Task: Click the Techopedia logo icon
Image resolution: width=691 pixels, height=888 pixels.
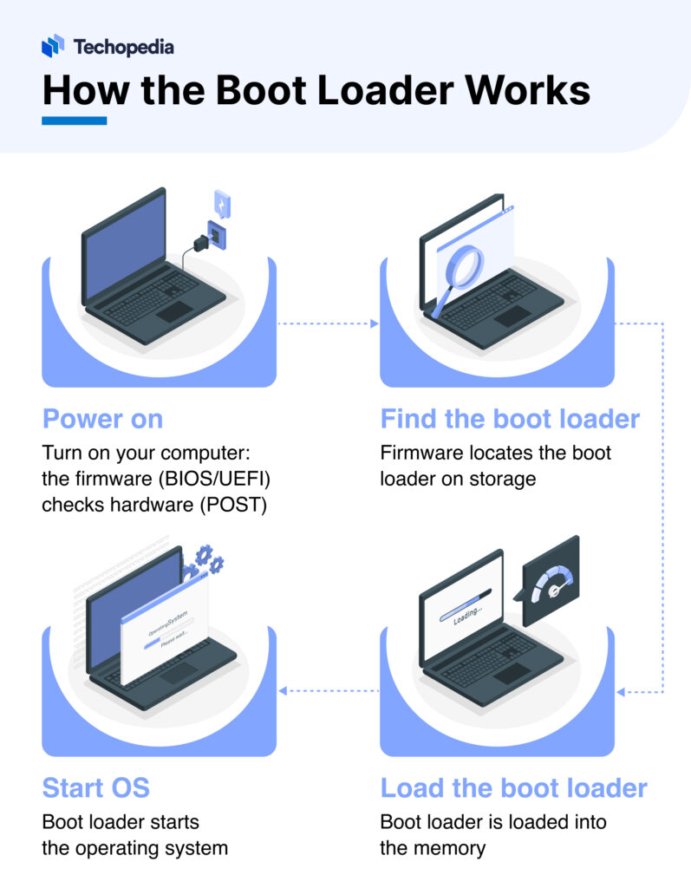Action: (x=53, y=45)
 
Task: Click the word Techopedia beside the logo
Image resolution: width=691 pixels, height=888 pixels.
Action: (x=122, y=46)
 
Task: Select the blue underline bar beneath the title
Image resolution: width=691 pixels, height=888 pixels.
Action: (x=74, y=121)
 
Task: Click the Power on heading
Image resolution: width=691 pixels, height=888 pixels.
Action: (x=102, y=420)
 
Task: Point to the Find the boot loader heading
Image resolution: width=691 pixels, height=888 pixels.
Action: (x=510, y=420)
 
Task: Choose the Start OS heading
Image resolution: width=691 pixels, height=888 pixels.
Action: (x=95, y=787)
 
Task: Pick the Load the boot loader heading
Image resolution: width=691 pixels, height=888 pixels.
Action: (x=513, y=787)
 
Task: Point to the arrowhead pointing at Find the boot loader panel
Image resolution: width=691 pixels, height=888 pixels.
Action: (x=375, y=324)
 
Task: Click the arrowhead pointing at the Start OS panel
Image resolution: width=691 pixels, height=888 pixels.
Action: (x=282, y=691)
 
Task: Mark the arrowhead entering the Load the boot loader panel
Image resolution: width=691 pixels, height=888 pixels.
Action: (x=620, y=692)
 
